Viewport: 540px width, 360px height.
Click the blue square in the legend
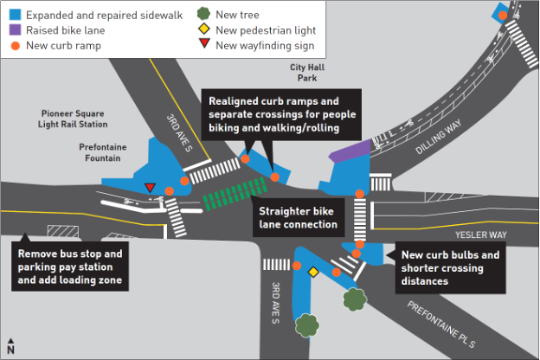tap(11, 14)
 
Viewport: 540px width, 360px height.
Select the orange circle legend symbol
tap(11, 45)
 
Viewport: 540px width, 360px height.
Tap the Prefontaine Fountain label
tap(102, 152)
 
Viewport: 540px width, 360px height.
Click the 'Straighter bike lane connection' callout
tap(296, 217)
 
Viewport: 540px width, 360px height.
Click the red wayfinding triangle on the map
tap(150, 187)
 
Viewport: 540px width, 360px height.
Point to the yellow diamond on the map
tap(314, 272)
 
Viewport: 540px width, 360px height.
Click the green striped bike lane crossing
tap(234, 194)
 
